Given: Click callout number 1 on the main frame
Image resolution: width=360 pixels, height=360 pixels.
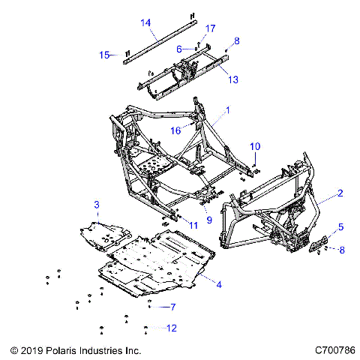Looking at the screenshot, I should click(x=228, y=110).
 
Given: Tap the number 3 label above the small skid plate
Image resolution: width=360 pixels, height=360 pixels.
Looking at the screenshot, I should click(x=96, y=204).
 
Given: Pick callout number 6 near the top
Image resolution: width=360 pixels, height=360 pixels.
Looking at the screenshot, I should click(x=179, y=49).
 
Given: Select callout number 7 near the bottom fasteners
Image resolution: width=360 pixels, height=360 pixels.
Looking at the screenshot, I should click(x=172, y=307).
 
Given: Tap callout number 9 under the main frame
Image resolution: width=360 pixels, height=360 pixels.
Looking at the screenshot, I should click(x=209, y=220).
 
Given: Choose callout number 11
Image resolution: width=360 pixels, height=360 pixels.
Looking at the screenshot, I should click(x=193, y=225).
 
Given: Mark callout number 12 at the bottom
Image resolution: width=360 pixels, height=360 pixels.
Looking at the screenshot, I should click(x=172, y=328).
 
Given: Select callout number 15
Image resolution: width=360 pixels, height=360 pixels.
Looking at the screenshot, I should click(x=105, y=54).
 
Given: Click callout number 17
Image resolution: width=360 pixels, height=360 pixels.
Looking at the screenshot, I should click(x=210, y=28).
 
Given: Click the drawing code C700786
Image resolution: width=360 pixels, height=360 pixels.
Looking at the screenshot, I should click(x=335, y=350).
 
